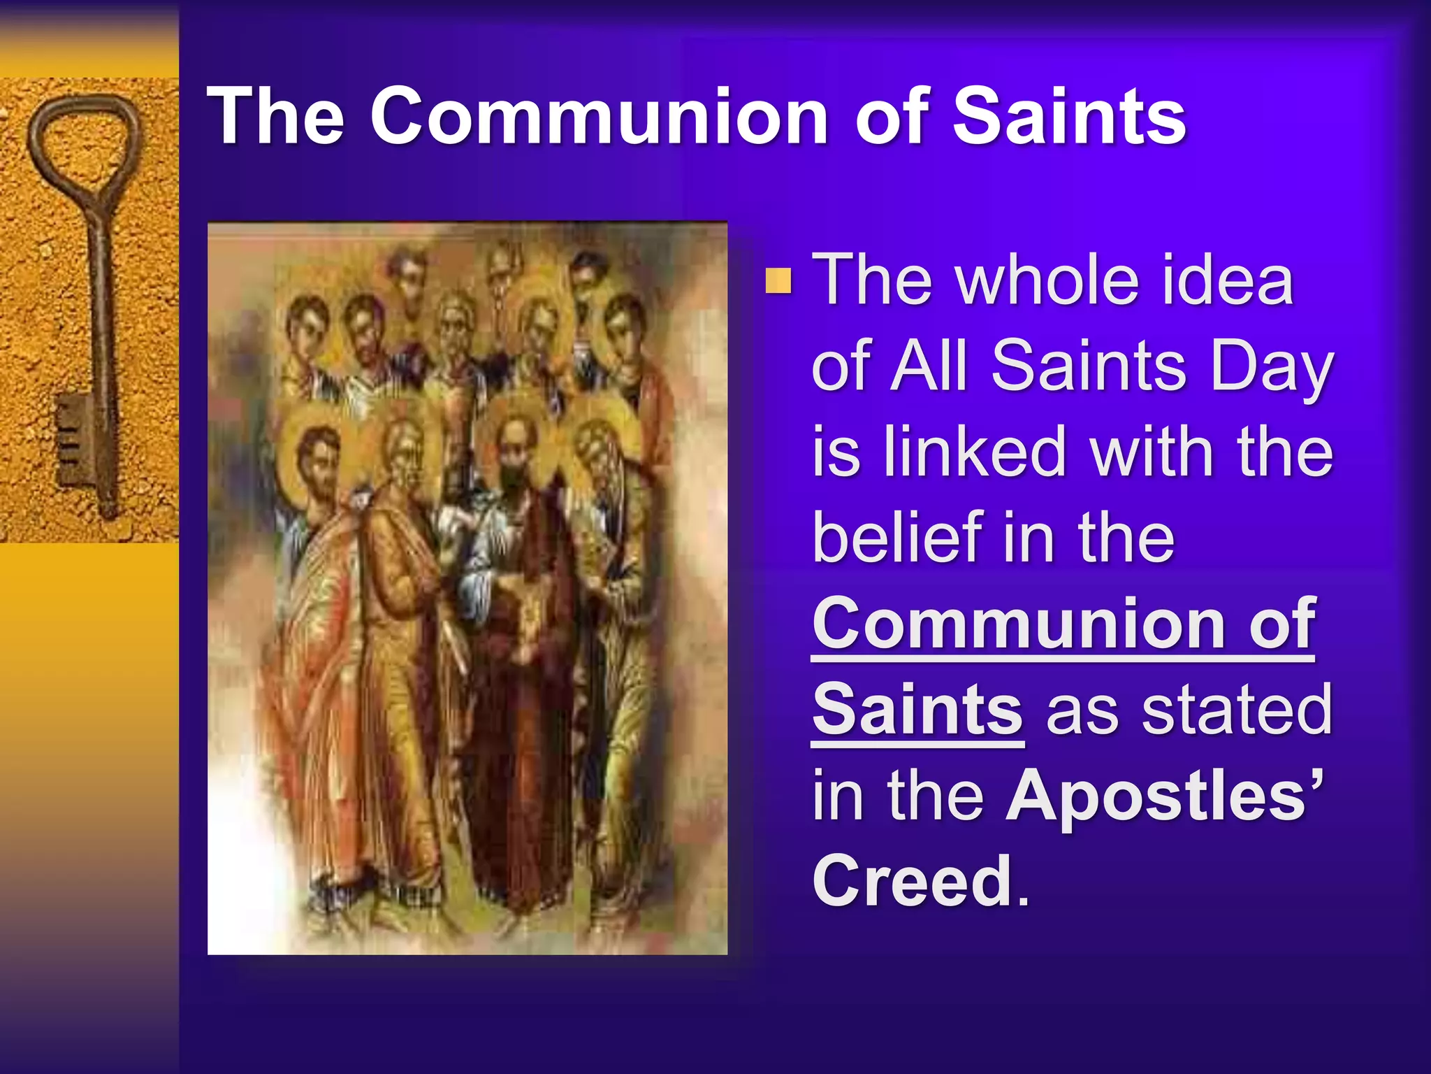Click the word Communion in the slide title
[x=599, y=116]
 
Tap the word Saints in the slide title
[x=1069, y=116]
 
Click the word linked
[x=976, y=452]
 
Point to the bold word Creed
[x=912, y=880]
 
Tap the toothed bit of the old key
[x=73, y=441]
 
